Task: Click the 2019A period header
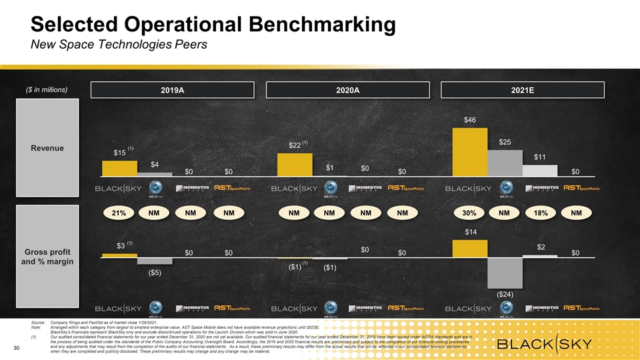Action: [173, 90]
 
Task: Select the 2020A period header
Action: [347, 90]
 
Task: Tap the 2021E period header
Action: [522, 90]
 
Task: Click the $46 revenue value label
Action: [469, 120]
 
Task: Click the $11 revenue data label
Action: [540, 157]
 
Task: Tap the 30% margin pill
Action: [469, 213]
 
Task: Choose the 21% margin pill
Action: [119, 213]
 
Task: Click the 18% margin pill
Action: [540, 213]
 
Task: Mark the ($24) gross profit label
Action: [505, 293]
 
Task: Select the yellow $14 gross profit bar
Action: [469, 248]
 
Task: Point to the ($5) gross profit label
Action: [154, 273]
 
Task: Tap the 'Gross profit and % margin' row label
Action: [47, 257]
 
